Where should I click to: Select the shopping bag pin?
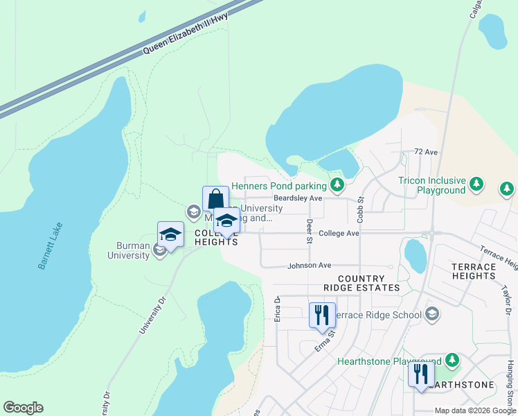215,199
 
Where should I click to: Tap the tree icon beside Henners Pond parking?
337,184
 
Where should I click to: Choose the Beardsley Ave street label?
298,198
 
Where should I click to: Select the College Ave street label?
339,234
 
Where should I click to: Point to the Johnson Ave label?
310,266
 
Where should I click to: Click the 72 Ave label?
427,151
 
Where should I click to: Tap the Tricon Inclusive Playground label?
431,185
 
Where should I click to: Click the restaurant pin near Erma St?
321,315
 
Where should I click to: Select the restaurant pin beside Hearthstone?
421,375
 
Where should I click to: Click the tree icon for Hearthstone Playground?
452,361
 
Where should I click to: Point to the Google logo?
23,408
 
